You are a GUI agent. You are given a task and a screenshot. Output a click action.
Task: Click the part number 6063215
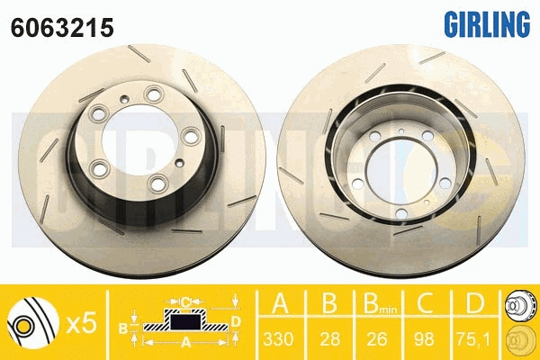61,27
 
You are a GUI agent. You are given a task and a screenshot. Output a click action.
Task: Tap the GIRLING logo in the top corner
483,22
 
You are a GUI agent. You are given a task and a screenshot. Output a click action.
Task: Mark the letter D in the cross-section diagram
236,320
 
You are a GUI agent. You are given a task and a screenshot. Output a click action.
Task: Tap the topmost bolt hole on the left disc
151,92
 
